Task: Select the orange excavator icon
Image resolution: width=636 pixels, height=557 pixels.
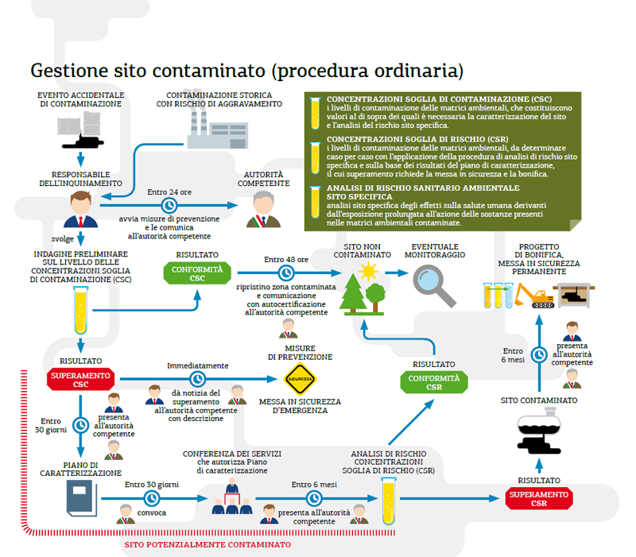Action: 533,295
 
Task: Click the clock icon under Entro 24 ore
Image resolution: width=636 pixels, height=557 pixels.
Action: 167,205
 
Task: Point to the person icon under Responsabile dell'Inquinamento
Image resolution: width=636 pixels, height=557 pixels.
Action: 79,210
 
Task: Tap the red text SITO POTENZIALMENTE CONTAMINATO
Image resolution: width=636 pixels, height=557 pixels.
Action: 207,545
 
